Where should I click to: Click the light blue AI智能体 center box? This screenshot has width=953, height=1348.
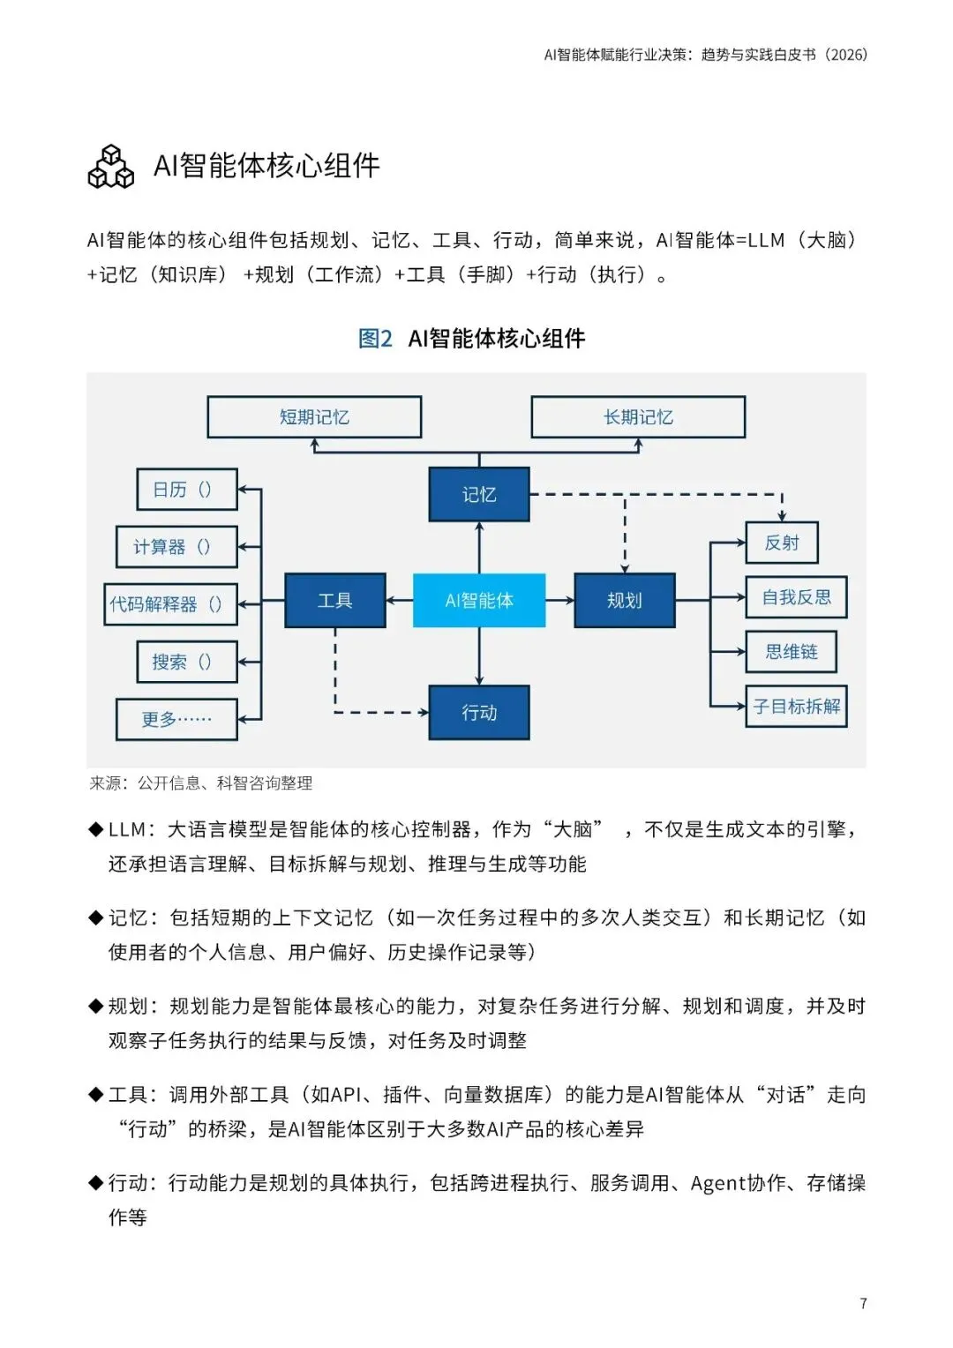[479, 601]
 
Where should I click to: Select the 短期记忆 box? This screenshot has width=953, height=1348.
[314, 417]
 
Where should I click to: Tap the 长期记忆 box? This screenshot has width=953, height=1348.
[638, 417]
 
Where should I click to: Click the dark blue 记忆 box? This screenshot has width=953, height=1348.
[479, 495]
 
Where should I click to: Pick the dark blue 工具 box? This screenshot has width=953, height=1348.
[335, 601]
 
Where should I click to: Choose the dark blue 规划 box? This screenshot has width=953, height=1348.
[625, 601]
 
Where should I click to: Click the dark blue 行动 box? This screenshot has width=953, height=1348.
[479, 713]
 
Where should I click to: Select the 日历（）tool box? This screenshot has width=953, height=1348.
[187, 490]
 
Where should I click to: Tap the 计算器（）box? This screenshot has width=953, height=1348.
[176, 547]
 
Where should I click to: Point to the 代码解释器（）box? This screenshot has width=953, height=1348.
[170, 604]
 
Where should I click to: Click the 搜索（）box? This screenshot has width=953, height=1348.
[187, 662]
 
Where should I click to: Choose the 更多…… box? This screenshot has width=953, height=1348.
[176, 719]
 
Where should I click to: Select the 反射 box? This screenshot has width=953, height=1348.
[782, 543]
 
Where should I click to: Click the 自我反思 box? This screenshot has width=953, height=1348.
[796, 597]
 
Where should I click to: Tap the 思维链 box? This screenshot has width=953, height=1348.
[791, 652]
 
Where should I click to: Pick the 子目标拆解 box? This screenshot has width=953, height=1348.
[796, 707]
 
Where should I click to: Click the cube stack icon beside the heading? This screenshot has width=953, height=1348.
[111, 167]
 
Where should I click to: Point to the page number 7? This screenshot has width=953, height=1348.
[863, 1304]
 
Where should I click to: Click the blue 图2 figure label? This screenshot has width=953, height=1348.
[375, 339]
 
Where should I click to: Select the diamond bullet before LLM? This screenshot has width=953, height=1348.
[96, 829]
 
